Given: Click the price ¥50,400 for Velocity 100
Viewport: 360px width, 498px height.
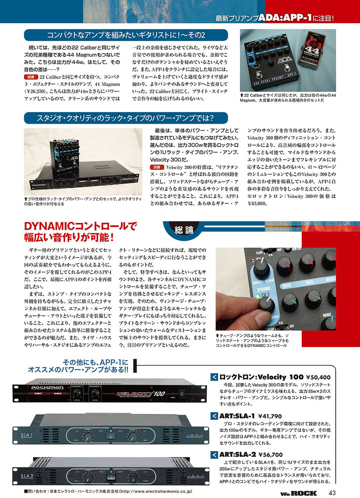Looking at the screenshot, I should coord(319,377).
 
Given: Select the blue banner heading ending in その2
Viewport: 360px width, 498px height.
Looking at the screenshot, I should coord(126,35).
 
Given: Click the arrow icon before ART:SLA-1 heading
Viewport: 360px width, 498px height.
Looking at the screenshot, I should coord(214,415).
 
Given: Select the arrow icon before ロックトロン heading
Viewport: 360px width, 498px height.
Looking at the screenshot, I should coord(214,377).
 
